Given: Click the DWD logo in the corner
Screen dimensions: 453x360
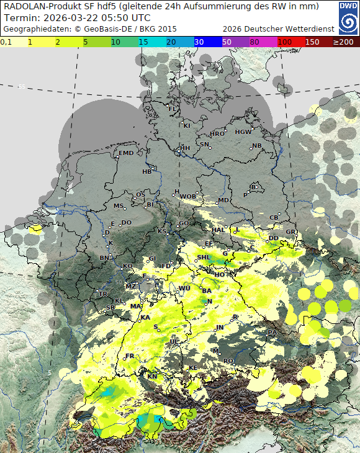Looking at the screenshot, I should click(348, 16).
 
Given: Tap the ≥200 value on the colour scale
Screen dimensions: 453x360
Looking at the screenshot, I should click(343, 42).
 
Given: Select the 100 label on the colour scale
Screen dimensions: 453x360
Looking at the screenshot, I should click(286, 42).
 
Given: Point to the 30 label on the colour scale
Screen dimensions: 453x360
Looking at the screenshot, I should click(199, 42).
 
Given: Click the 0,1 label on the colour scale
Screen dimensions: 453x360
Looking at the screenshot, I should click(6, 42).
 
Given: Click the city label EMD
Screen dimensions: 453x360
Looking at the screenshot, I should click(126, 153).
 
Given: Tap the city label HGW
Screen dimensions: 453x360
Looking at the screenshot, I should click(243, 132).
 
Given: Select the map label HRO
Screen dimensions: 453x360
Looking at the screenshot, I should click(217, 133).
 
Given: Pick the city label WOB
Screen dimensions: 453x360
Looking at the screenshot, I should click(187, 196).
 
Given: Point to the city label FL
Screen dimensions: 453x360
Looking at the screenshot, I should click(173, 109).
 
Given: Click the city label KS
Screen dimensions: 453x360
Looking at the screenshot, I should click(162, 231).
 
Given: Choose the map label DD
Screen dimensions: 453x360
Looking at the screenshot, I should click(273, 238).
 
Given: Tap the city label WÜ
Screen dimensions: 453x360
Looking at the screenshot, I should click(184, 288).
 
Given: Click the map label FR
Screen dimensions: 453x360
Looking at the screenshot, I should click(130, 356).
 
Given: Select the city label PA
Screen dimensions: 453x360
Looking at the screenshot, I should click(272, 333).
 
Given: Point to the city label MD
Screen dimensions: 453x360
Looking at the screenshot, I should click(223, 200).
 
